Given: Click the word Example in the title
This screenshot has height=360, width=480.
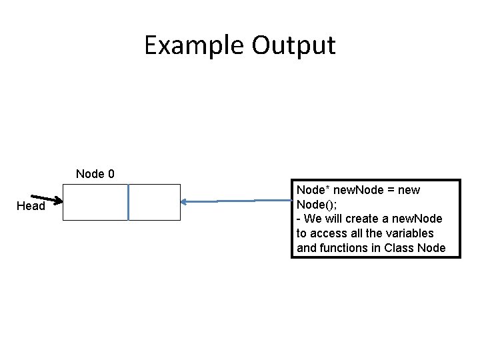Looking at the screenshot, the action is pos(194,46).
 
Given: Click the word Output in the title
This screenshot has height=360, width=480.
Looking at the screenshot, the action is pos(293,46).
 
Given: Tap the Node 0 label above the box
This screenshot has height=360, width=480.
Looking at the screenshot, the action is pos(95,174).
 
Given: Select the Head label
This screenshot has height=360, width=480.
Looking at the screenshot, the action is pos(31,206).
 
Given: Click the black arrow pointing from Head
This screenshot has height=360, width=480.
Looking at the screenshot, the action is pos(47,199).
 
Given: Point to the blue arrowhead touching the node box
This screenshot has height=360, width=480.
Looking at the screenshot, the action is pos(184,202).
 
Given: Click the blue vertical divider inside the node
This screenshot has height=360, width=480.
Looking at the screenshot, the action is pos(128,202).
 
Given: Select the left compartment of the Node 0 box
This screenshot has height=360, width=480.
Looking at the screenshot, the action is pos(95,202).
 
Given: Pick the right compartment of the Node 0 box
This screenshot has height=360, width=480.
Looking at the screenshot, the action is pos(155,202).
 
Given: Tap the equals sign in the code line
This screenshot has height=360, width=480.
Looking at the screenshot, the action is pos(391,190).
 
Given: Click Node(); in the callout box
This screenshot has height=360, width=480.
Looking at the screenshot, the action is pos(317,205).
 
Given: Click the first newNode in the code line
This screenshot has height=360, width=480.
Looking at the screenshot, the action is pos(358,190).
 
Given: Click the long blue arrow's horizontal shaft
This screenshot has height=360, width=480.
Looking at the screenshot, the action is pos(236,201).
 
